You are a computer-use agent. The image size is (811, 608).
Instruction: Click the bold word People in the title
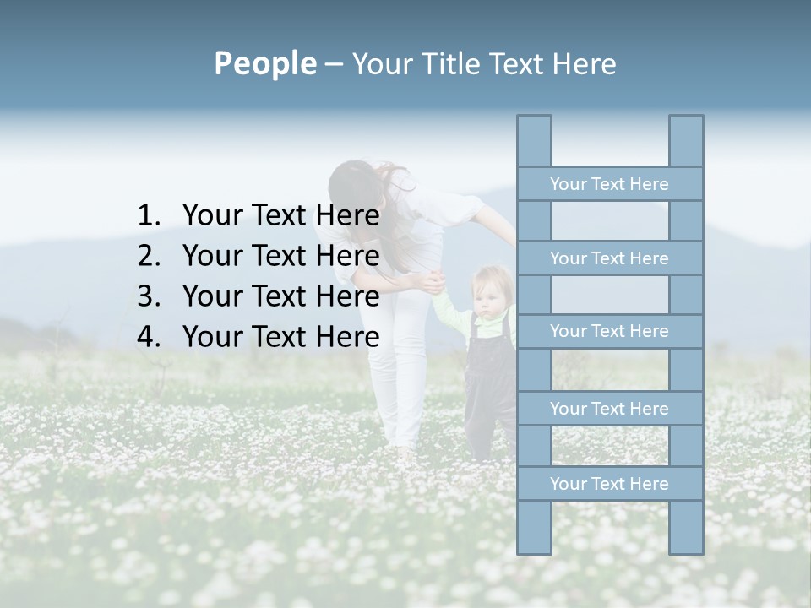pyautogui.click(x=264, y=63)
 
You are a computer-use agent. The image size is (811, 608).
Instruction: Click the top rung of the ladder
pyautogui.click(x=609, y=184)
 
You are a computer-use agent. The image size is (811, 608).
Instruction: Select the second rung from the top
pyautogui.click(x=609, y=258)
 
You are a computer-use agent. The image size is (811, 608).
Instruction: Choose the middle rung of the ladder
pyautogui.click(x=609, y=332)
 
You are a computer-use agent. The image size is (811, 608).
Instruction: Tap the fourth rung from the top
pyautogui.click(x=609, y=409)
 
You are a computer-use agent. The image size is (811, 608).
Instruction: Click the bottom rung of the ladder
pyautogui.click(x=609, y=484)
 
